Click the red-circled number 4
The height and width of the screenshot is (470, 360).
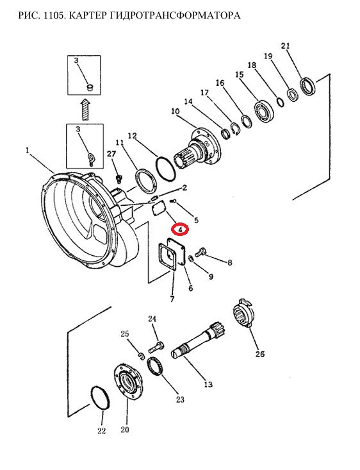point(180,230)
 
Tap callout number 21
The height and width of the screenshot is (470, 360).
point(286,46)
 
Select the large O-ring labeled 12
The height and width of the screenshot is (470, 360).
point(165,169)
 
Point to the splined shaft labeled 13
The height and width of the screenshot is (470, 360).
point(199,340)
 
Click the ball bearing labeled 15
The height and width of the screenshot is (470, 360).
point(263,111)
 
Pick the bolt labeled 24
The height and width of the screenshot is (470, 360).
point(156,348)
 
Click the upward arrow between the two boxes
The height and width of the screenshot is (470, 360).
point(85,110)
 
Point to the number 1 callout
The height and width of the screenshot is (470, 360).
point(28,150)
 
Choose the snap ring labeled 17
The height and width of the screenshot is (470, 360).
point(234,129)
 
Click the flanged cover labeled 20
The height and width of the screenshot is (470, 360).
point(128,382)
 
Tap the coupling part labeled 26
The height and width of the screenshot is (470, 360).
point(244,314)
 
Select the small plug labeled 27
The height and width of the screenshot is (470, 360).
point(119,179)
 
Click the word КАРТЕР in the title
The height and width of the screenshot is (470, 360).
point(85,15)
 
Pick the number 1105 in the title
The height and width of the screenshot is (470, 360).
point(53,15)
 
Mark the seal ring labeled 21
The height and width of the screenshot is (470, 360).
point(308,87)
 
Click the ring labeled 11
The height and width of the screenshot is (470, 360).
point(146,181)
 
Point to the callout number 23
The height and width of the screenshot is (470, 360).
point(180,399)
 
